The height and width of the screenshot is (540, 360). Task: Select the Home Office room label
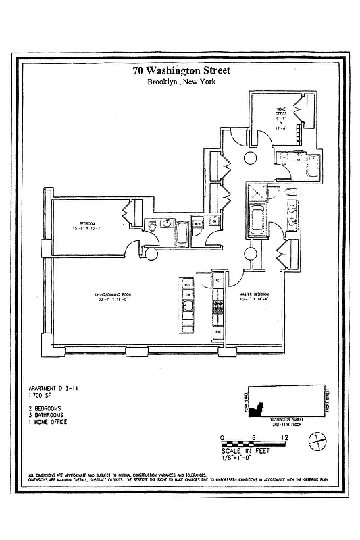pyautogui.click(x=281, y=118)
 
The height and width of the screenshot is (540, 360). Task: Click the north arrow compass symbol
pyautogui.click(x=317, y=443)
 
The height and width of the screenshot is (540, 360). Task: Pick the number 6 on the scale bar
pyautogui.click(x=253, y=437)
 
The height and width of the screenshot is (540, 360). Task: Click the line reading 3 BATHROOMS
pyautogui.click(x=47, y=415)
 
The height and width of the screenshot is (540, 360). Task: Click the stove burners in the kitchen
pyautogui.click(x=218, y=307)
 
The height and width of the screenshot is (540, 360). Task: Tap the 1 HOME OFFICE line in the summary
pyautogui.click(x=47, y=422)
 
